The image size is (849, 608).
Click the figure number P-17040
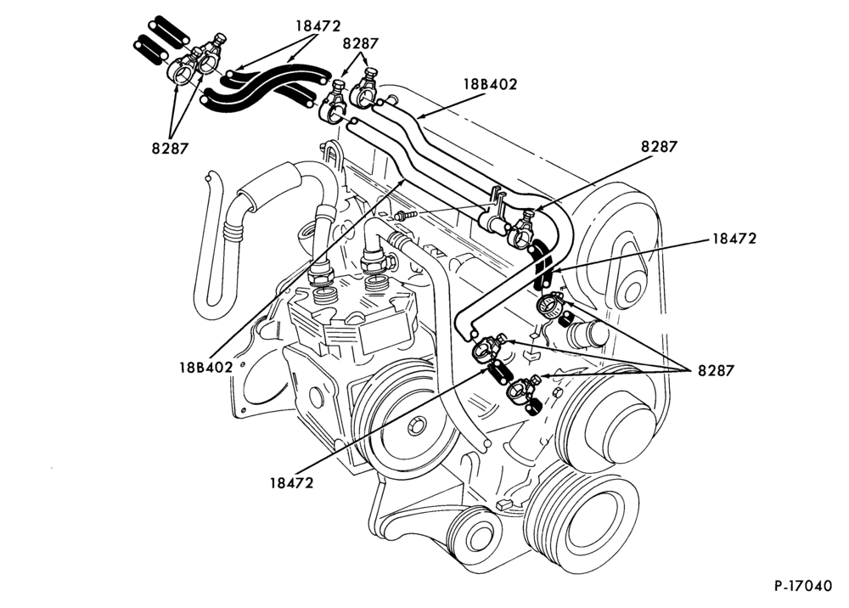(802, 586)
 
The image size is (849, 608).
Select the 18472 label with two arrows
(318, 26)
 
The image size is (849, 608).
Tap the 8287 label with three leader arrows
(716, 371)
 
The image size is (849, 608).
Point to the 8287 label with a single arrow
(660, 147)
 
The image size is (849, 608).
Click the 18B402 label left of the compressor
(205, 367)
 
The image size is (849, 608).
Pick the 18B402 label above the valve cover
(490, 84)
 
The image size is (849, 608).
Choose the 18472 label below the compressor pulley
(292, 483)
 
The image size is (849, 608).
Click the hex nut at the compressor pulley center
(417, 425)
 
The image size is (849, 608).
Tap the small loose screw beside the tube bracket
(406, 216)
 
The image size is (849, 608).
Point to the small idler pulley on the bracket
(471, 536)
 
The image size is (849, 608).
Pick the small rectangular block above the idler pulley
(504, 504)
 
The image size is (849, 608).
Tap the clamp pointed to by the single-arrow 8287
(523, 228)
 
